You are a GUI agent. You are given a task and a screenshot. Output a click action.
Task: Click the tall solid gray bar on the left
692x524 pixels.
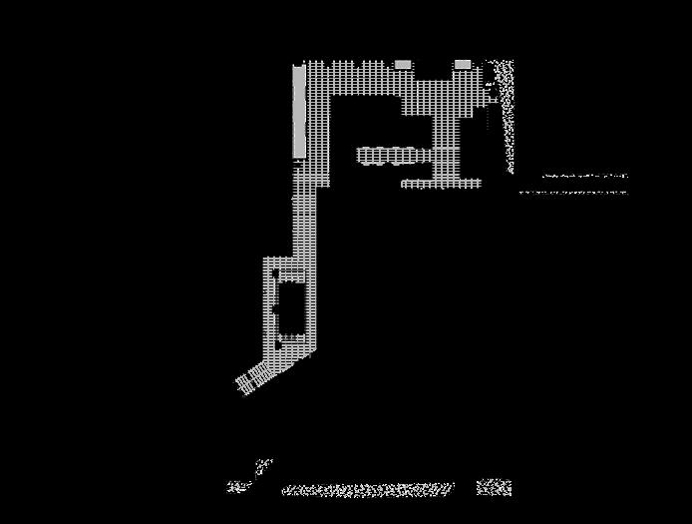(299, 111)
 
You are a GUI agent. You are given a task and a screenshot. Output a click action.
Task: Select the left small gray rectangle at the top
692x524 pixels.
(403, 65)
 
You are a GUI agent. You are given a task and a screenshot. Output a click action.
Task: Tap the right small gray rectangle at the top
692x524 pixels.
(463, 65)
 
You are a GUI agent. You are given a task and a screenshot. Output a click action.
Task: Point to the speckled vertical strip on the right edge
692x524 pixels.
(506, 115)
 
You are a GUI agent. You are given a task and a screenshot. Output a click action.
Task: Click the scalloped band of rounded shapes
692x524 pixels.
(386, 155)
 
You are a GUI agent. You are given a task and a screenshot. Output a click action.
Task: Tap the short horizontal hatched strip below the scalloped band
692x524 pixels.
(441, 184)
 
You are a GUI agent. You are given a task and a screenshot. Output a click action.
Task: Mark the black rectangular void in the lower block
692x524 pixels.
(290, 309)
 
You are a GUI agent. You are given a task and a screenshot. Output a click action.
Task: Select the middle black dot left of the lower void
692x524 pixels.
(274, 310)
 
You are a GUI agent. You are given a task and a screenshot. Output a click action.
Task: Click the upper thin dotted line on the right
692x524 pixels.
(584, 176)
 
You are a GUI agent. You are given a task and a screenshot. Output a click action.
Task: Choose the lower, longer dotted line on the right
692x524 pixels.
(573, 192)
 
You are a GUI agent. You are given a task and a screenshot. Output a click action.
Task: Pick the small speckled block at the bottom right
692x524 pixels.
(494, 487)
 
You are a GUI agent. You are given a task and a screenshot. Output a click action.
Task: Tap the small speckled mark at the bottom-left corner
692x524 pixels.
(237, 487)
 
